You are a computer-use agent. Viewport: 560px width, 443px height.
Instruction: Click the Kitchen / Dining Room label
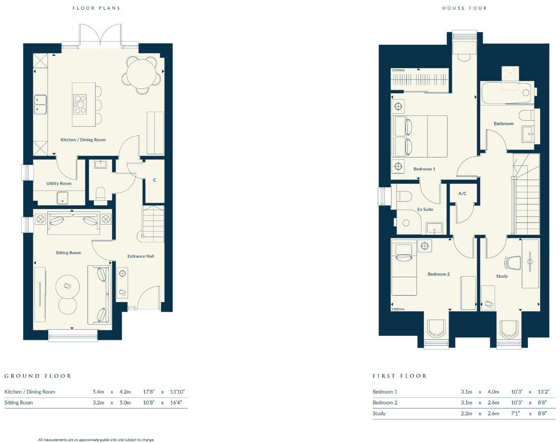tap(83, 140)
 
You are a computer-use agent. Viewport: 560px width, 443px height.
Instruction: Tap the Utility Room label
tap(59, 183)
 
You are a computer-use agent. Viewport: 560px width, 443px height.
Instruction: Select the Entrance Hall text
tap(141, 256)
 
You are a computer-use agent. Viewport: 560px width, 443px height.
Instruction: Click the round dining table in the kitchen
tap(144, 74)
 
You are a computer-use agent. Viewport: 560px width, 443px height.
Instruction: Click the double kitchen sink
tap(40, 105)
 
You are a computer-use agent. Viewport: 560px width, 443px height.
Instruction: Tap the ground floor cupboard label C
tap(155, 180)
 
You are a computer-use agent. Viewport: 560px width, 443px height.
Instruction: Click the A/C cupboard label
tap(462, 193)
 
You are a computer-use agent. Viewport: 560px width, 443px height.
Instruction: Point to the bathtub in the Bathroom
tap(505, 93)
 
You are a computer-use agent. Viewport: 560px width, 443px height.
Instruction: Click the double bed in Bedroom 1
tap(419, 136)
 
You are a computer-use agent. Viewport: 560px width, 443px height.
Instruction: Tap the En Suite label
tap(426, 210)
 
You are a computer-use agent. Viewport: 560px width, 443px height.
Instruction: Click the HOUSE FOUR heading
tap(464, 8)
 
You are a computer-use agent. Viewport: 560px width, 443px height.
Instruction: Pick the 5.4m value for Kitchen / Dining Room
tap(98, 392)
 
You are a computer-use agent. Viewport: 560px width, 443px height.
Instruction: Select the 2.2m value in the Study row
tap(467, 414)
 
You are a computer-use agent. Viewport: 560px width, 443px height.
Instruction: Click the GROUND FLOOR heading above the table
tap(38, 376)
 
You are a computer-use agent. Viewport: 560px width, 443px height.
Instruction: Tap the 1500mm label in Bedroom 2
tap(398, 309)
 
